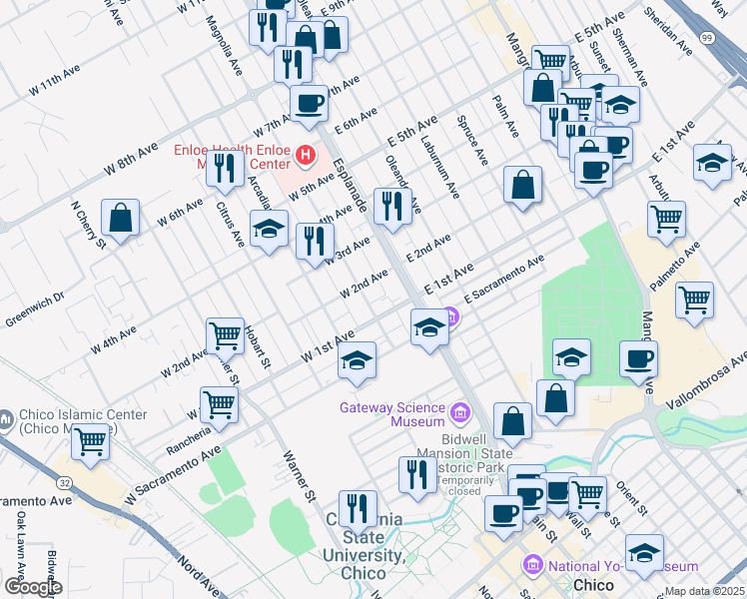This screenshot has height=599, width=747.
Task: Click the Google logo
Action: pos(32,586)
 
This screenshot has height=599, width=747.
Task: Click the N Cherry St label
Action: pos(88,225)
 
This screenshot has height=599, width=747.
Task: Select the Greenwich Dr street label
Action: pos(34,308)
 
